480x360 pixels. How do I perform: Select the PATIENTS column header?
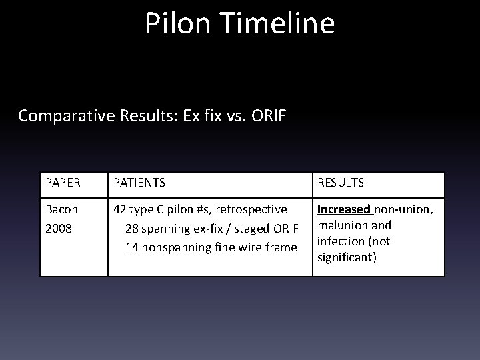(x=140, y=181)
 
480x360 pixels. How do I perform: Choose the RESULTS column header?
(x=341, y=181)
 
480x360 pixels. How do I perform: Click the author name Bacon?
(x=62, y=209)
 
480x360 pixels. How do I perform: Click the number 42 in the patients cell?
(x=121, y=209)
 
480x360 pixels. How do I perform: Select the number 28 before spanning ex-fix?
(x=132, y=229)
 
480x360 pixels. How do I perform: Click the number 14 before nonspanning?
(x=132, y=248)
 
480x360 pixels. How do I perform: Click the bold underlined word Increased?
(x=343, y=209)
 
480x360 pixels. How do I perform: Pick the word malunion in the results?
(x=341, y=225)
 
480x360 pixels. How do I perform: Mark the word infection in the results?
(x=339, y=241)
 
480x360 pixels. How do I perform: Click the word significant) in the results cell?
(x=347, y=257)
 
